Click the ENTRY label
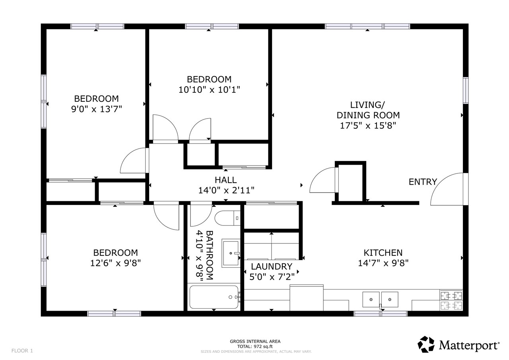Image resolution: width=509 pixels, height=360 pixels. pos(423,182)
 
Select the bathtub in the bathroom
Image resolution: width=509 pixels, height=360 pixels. pos(214,297)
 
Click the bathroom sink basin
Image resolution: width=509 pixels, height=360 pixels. pos(231,253)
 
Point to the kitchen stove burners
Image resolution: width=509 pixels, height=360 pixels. pos(451,300)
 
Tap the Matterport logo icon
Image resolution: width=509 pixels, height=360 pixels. pos(426,344)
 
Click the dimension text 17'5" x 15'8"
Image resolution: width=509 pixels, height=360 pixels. pos(368,126)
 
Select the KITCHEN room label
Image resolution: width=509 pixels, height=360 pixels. pos(383,253)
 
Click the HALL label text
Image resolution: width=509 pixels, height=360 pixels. pos(226,180)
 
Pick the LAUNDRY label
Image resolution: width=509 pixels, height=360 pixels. pos(272,267)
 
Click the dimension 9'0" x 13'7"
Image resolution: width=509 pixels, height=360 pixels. pos(96,109)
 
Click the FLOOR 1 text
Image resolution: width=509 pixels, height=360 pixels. pos(22,350)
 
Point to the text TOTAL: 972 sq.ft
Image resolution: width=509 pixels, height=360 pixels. pos(255,346)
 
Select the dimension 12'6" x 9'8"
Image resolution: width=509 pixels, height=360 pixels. pos(115,263)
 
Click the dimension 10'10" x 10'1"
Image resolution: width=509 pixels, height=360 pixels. pos(209,90)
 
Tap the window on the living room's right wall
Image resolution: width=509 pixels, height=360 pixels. pos(465,90)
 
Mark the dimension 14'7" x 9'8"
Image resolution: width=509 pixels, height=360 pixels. pos(383,263)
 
